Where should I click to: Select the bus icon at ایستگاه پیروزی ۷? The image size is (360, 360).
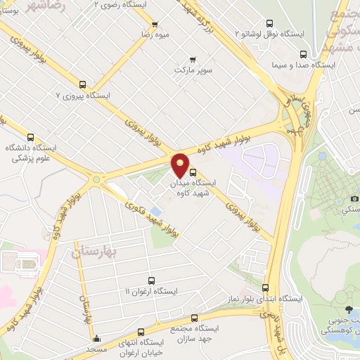coord(83,84)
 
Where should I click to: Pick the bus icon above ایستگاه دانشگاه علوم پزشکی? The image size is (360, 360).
coord(30,138)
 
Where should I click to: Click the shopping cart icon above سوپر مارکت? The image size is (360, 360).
coord(193,60)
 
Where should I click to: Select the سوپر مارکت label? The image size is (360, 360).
coord(193,71)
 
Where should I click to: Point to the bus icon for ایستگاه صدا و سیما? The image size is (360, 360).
coord(303,54)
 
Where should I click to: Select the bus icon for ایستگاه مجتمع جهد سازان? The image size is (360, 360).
coord(193,318)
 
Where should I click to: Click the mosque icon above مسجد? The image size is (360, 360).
coord(96,339)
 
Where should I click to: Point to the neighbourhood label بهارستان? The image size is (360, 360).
coord(94,250)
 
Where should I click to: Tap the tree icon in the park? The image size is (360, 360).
coord(349,309)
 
